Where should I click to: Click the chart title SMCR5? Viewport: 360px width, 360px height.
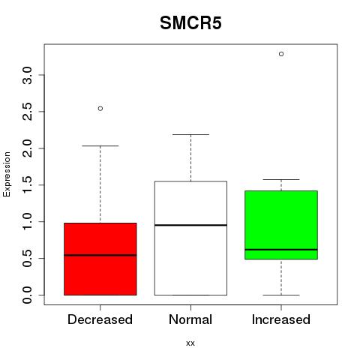(x=190, y=23)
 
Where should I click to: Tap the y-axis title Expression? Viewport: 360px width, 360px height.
(x=7, y=174)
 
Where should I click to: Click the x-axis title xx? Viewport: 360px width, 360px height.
(x=190, y=343)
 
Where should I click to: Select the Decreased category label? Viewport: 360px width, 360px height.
(x=100, y=319)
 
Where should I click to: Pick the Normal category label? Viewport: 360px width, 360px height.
(x=190, y=319)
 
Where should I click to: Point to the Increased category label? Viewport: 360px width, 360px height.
(x=281, y=319)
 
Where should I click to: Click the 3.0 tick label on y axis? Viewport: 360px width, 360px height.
(x=28, y=75)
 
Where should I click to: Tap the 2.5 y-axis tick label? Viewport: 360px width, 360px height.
(x=28, y=112)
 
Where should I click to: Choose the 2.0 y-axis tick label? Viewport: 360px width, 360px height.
(x=28, y=148)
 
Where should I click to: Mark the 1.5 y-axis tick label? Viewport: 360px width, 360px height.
(x=28, y=185)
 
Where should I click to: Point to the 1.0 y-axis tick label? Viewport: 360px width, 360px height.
(x=28, y=221)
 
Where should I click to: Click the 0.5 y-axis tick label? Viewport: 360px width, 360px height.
(x=28, y=258)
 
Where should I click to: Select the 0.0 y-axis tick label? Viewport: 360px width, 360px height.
(x=28, y=295)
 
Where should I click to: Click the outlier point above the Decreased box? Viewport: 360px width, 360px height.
(x=100, y=109)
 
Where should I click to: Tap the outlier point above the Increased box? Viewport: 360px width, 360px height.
(x=281, y=54)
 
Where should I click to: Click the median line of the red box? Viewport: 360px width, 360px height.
(x=100, y=255)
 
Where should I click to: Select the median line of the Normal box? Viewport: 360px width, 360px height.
(x=190, y=225)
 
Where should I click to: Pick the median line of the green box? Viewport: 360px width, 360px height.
(x=281, y=250)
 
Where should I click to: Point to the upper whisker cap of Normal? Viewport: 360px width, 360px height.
(x=190, y=134)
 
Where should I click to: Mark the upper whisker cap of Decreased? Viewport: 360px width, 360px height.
(x=100, y=145)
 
